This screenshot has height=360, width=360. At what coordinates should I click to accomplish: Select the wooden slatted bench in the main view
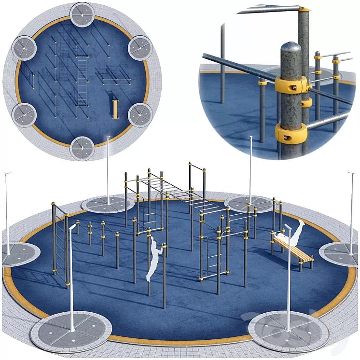[292, 249]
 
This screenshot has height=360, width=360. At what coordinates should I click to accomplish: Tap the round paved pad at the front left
[71, 331]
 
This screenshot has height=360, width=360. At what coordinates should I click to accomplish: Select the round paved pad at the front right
[289, 331]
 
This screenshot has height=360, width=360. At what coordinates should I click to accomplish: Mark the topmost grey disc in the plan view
[82, 15]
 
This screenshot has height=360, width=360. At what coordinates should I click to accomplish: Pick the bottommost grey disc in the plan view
[82, 148]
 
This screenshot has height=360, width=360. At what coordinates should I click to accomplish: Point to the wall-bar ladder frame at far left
[60, 244]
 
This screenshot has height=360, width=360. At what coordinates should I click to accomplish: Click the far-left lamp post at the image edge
[7, 212]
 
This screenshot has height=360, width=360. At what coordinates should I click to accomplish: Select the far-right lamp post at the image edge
[351, 212]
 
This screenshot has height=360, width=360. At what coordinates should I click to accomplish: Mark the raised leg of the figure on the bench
[298, 228]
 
